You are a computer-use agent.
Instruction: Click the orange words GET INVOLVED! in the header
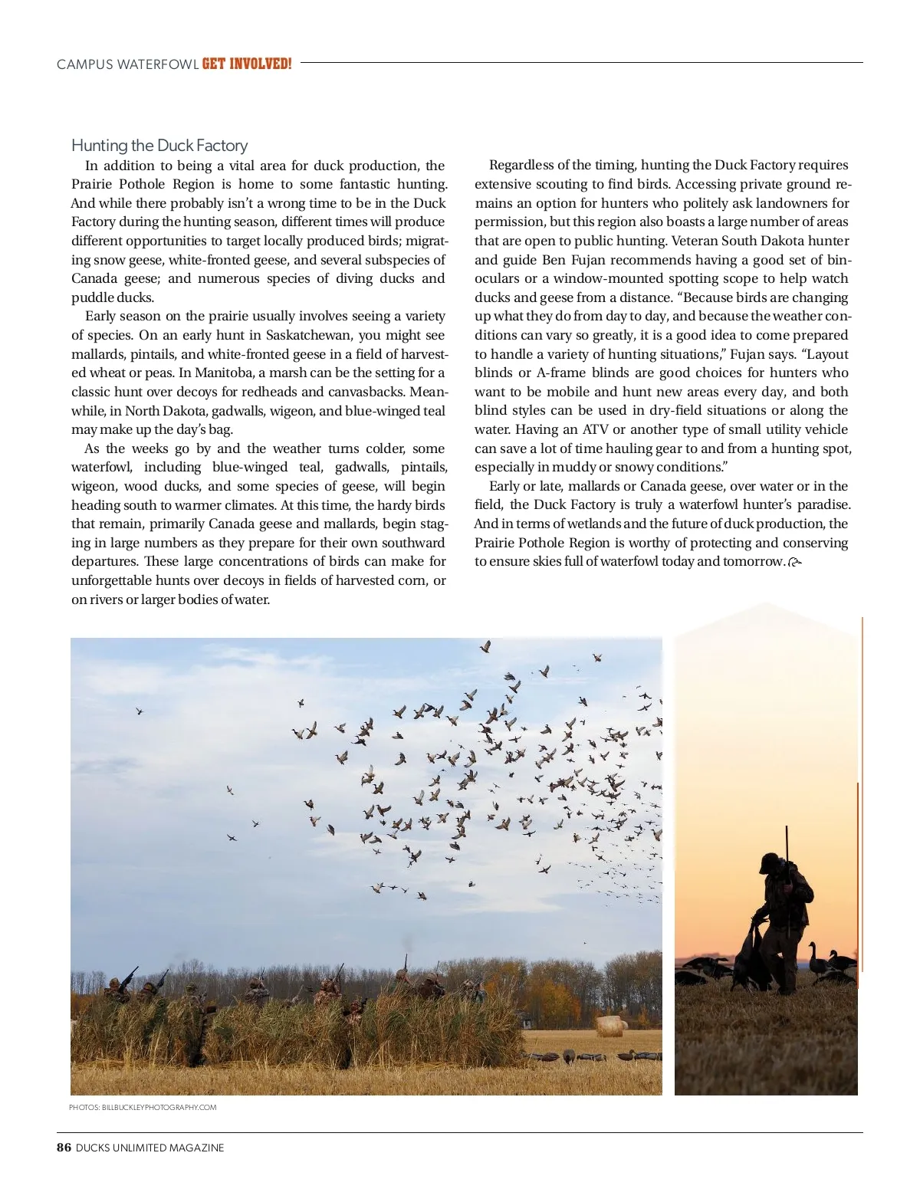tap(247, 64)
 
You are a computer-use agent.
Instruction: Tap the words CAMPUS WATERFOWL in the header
tap(127, 64)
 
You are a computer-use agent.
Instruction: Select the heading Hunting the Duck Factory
tap(159, 146)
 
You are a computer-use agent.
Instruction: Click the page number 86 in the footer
tap(64, 1148)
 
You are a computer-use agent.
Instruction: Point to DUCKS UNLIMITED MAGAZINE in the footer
tap(150, 1148)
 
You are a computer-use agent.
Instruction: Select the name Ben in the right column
tap(554, 260)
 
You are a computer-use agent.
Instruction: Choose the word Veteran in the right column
tap(695, 241)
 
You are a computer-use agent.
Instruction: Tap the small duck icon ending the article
tap(794, 563)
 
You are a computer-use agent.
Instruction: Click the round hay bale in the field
tap(611, 1025)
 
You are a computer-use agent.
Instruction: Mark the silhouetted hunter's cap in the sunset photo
tap(769, 862)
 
